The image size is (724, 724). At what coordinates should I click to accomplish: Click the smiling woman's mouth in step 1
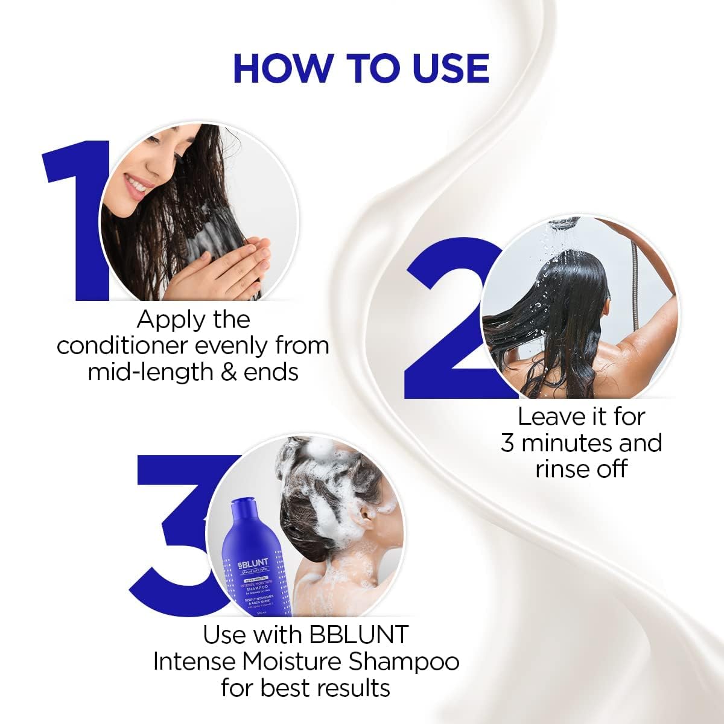click(x=138, y=188)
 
